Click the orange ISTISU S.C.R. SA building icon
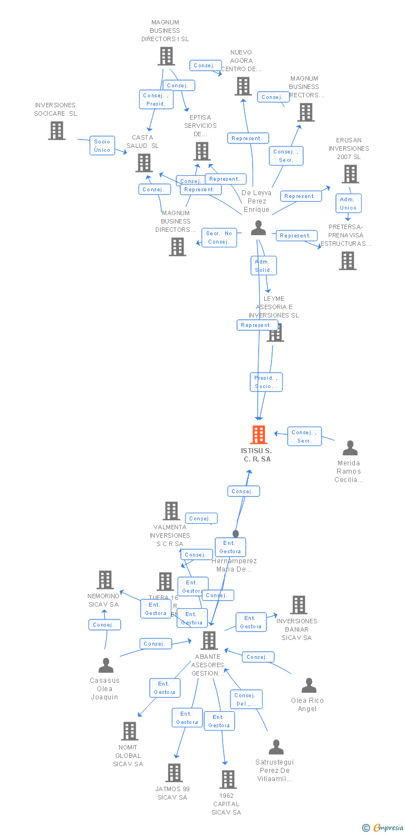pyautogui.click(x=259, y=435)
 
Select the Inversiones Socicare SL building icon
pyautogui.click(x=57, y=131)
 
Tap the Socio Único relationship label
pyautogui.click(x=102, y=146)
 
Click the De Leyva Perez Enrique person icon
pyautogui.click(x=258, y=228)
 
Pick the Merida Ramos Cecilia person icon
pyautogui.click(x=350, y=448)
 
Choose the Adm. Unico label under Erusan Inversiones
pyautogui.click(x=348, y=203)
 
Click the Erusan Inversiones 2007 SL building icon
pyautogui.click(x=350, y=174)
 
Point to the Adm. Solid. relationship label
pyautogui.click(x=263, y=266)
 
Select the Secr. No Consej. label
pyautogui.click(x=219, y=237)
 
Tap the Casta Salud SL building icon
pyautogui.click(x=144, y=163)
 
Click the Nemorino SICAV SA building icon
pyautogui.click(x=105, y=580)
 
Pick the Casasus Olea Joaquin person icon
pyautogui.click(x=106, y=665)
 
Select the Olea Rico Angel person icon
pyautogui.click(x=309, y=685)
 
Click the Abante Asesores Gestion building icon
pyautogui.click(x=209, y=641)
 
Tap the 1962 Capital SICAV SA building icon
pyautogui.click(x=228, y=780)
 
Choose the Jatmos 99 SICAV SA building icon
pyautogui.click(x=174, y=773)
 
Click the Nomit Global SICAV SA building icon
pyautogui.click(x=130, y=731)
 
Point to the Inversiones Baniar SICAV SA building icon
pyautogui.click(x=299, y=605)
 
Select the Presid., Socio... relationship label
pyautogui.click(x=266, y=382)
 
